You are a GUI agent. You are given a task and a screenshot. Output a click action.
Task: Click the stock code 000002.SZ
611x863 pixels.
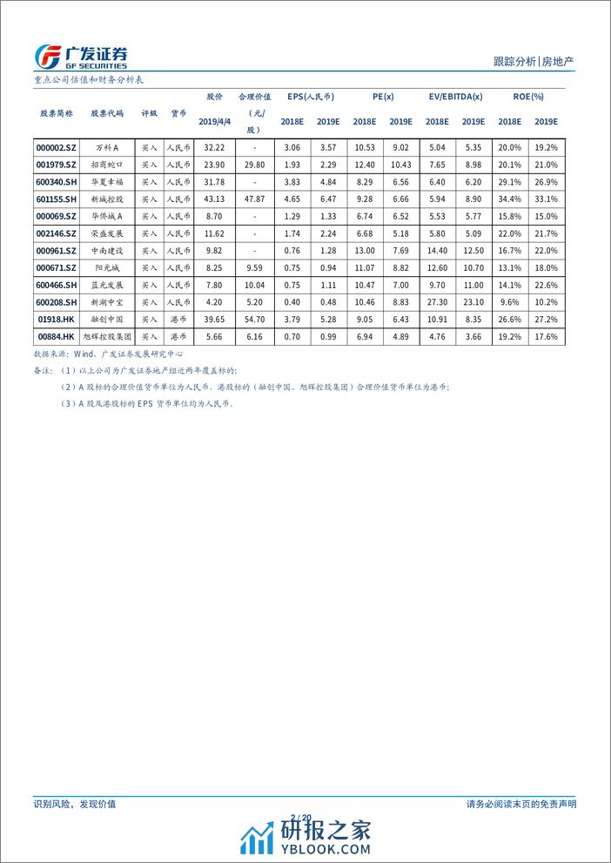[x=57, y=149]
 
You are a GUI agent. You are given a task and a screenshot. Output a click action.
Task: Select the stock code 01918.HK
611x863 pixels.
[x=57, y=320]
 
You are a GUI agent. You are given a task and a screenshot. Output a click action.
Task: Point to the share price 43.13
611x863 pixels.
[x=213, y=199]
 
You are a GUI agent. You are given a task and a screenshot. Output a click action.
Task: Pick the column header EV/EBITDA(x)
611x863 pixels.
[x=456, y=97]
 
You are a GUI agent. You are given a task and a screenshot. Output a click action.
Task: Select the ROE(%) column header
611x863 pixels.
[x=527, y=97]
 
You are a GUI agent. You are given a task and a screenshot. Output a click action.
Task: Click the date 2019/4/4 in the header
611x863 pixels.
[x=213, y=122]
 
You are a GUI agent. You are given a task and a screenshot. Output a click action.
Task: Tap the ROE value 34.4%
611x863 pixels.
[x=509, y=199]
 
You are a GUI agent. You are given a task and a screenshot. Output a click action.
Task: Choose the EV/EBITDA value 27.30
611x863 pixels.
[x=438, y=302]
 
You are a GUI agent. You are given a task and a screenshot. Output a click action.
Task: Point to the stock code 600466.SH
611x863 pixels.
[x=57, y=285]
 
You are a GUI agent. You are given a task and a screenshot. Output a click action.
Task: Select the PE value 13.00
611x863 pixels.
[x=365, y=251]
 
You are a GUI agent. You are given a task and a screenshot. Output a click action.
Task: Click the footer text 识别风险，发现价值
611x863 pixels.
[x=74, y=805]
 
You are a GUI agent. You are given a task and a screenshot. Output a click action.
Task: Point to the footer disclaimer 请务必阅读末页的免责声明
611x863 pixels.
[x=521, y=805]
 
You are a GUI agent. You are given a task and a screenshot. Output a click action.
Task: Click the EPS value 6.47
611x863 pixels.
[x=327, y=199]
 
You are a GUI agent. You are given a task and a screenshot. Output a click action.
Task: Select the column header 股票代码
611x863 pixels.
[x=107, y=113]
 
